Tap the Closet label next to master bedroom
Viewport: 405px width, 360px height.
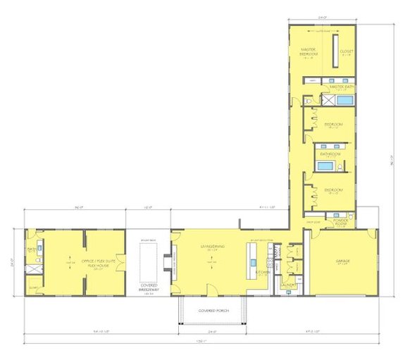coord(346,51)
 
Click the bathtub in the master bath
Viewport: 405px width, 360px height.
coord(344,101)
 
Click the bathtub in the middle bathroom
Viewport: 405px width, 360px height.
coord(324,166)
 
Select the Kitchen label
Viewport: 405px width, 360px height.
coord(263,271)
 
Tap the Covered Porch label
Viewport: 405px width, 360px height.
coord(211,310)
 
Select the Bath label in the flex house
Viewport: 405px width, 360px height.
coord(31,249)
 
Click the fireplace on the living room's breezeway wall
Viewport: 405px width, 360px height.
coord(167,262)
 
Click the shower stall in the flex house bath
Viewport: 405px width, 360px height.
coord(32,268)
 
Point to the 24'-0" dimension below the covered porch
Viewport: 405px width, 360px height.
coord(211,329)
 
